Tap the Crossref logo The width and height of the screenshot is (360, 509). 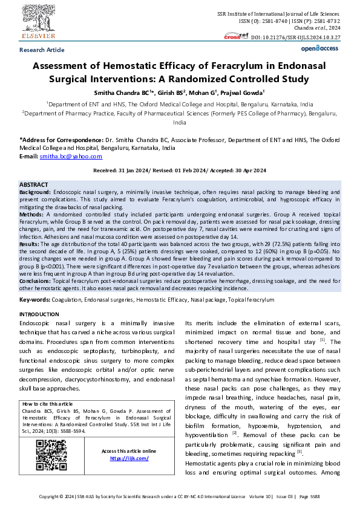(232, 36)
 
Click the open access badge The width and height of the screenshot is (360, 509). (319, 48)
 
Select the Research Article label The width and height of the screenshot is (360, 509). (42, 50)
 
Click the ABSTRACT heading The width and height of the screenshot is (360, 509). (34, 184)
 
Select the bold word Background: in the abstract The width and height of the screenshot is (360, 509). (36, 191)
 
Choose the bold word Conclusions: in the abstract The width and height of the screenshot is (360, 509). (36, 280)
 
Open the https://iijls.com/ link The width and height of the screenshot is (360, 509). (129, 458)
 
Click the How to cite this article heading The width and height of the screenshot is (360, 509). (48, 404)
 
